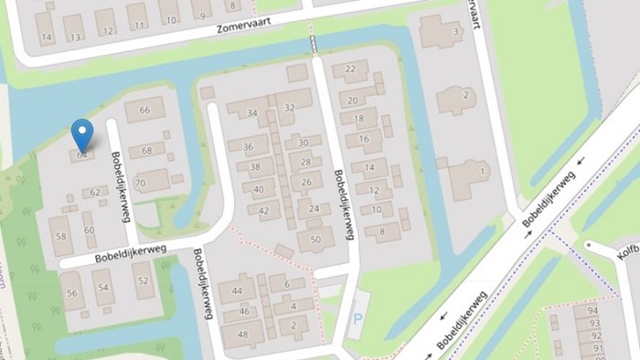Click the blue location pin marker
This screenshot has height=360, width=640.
point(82,136)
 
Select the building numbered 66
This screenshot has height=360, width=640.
point(144,111)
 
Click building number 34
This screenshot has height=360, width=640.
point(252,113)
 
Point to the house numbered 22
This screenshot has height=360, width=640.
point(351,69)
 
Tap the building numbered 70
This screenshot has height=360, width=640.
point(140,183)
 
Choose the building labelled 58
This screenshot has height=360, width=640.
point(60,236)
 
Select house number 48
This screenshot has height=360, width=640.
point(243,334)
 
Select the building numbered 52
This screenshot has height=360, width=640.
point(143,281)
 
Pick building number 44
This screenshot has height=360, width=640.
point(237,291)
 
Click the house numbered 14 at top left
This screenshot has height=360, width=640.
point(46,37)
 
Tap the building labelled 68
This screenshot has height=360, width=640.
point(147,151)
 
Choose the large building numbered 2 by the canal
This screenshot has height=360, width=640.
point(466,96)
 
